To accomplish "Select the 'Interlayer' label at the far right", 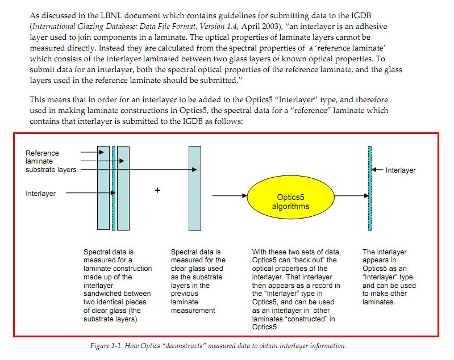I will [x=401, y=170].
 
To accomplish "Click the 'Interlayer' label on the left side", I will [x=41, y=194].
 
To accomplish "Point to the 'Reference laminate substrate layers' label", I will [x=51, y=161].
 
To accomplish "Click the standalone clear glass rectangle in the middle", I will [x=195, y=188].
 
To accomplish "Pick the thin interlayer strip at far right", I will [x=370, y=188].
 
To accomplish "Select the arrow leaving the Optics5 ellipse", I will [x=351, y=196].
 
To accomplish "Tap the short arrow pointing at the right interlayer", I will [x=378, y=170].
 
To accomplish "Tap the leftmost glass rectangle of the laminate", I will [x=103, y=188].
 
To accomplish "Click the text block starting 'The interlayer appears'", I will [x=385, y=277].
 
